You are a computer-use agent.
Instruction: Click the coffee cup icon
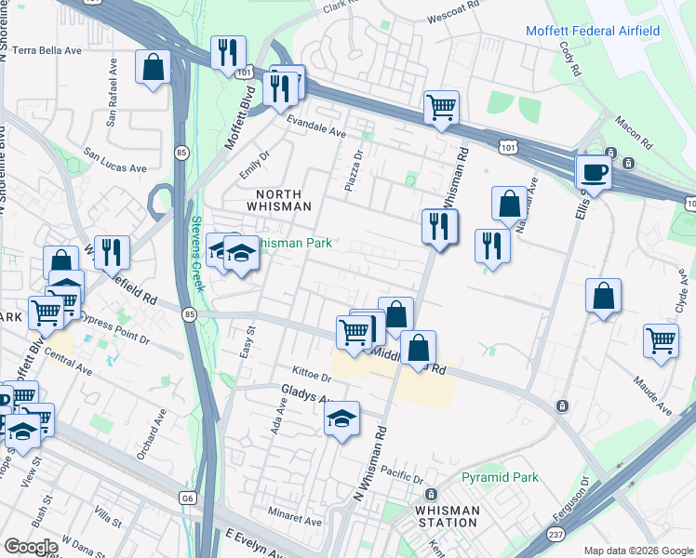coord(594,171)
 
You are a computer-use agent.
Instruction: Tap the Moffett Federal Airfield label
coord(593,31)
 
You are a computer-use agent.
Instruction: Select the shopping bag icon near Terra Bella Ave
coord(153,67)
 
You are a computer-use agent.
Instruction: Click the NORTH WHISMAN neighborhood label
coord(277,199)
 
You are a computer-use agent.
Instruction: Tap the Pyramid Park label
coord(500,478)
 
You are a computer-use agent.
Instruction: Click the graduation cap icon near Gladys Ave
coord(342,418)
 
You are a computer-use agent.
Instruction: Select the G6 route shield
coord(189,498)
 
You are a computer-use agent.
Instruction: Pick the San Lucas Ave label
coord(115,161)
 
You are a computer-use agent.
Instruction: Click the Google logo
coord(31,547)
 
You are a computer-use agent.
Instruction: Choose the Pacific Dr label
coord(401,474)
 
